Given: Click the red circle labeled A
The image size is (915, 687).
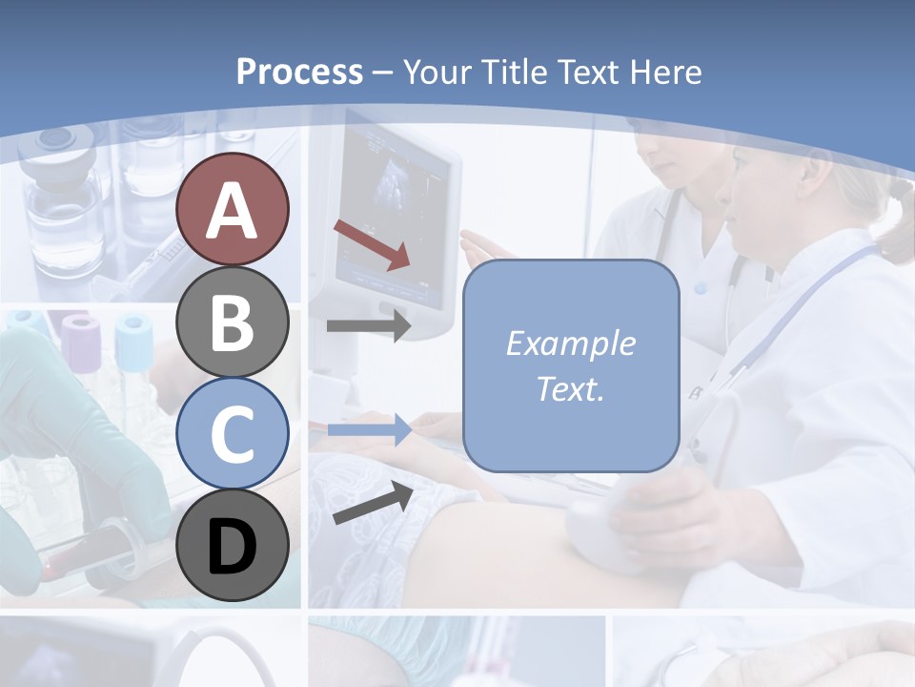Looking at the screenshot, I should tap(232, 209).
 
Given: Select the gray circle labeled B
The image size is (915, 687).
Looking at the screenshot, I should tap(232, 322).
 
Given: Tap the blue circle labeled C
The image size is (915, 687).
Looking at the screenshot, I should tap(232, 433).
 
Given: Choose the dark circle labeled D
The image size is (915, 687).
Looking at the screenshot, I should tap(232, 545).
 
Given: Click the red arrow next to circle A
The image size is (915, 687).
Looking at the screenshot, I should tap(372, 244).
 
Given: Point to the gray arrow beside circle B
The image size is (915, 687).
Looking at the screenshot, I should tap(369, 325).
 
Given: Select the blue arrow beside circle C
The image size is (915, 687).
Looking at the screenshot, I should tap(369, 429).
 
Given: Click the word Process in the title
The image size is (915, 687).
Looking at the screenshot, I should tap(299, 72).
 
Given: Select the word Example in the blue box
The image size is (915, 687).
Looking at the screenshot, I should tap(570, 343).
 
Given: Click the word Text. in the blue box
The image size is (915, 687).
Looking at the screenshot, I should tap(570, 388).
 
